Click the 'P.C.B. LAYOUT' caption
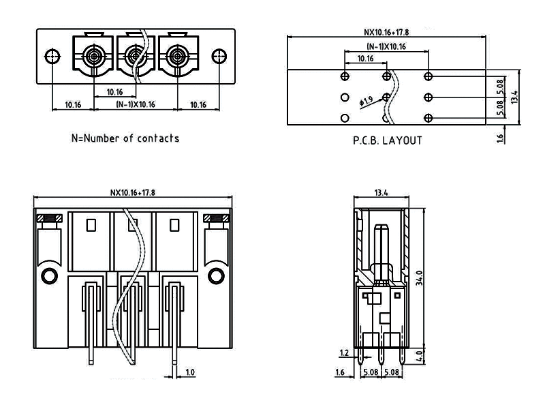(387, 141)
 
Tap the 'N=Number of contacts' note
(125, 138)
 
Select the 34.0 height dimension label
(420, 280)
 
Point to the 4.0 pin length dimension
(420, 355)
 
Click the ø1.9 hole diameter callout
(366, 102)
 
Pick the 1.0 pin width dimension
(190, 372)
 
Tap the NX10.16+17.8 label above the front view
(133, 193)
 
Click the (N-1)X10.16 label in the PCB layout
(386, 46)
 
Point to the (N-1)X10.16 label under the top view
(134, 105)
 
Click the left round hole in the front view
(50, 275)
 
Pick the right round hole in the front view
(217, 275)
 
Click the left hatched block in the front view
(50, 218)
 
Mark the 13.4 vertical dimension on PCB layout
(516, 97)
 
